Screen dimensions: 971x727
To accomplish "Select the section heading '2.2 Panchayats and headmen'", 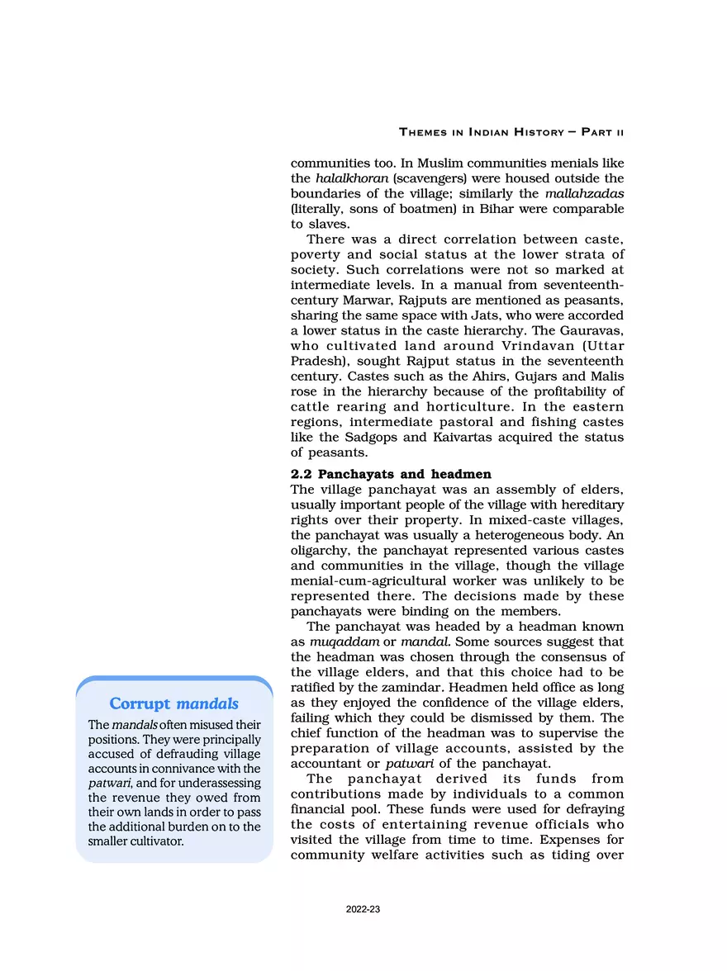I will [391, 474].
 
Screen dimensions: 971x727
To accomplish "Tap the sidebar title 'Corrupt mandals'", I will [173, 703].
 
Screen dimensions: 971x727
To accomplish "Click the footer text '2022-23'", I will [363, 908].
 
